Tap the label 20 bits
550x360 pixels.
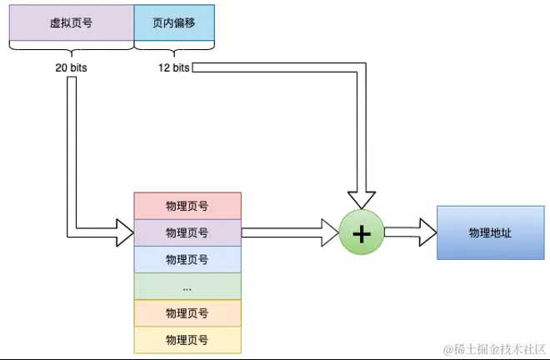tap(71, 67)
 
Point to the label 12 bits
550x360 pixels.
tap(173, 67)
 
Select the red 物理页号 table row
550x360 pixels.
tap(187, 205)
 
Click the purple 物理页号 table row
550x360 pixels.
tap(187, 232)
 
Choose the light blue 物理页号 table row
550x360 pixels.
tap(187, 259)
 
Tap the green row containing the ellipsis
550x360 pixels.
tap(187, 286)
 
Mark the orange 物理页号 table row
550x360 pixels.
tap(187, 312)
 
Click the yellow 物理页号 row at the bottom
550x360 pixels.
tap(187, 339)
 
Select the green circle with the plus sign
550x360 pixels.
tap(362, 233)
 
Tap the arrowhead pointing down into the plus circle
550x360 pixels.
tap(362, 200)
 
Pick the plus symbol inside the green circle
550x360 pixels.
tap(362, 233)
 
